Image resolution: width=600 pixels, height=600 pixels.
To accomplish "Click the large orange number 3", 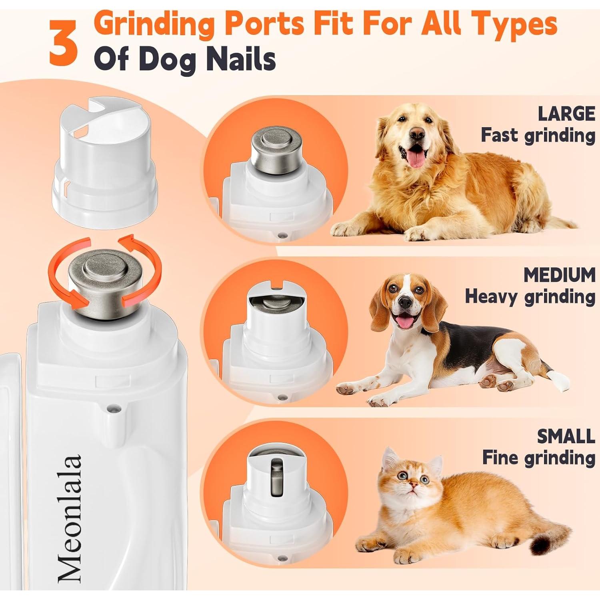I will (63, 43).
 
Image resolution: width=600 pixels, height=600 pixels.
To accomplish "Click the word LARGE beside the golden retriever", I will (566, 114).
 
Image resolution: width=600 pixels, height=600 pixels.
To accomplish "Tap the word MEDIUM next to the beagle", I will (559, 275).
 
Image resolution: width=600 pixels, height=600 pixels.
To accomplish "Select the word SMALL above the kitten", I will (566, 436).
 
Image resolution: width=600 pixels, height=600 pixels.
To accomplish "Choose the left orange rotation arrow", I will (64, 276).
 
